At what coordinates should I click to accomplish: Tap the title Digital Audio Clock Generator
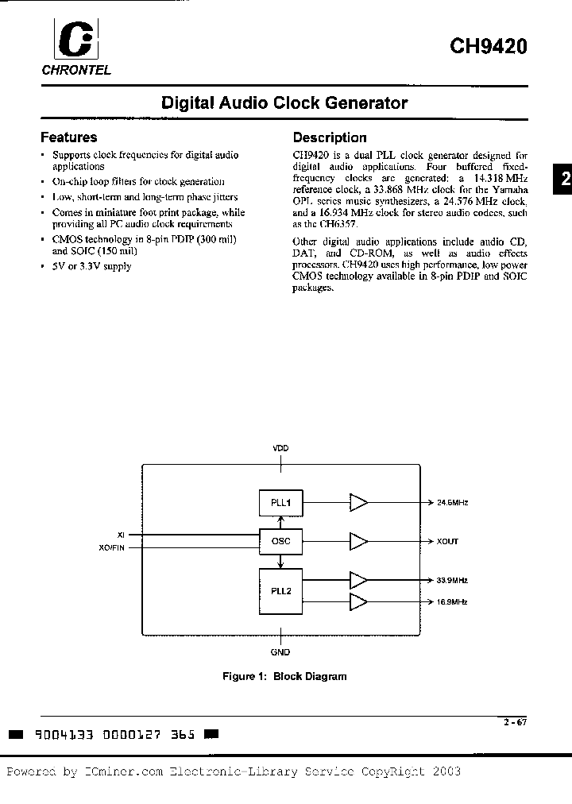point(284,103)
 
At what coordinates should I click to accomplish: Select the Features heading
point(69,137)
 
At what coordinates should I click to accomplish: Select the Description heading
point(330,137)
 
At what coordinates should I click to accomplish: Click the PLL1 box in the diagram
point(280,502)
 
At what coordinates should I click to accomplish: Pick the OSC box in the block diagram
point(280,542)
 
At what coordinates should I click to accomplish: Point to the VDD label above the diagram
point(281,449)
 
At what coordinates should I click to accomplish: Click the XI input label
point(121,535)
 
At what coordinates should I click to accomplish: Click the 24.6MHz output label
point(452,503)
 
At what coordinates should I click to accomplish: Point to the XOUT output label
point(447,542)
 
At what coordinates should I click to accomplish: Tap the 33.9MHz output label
point(452,580)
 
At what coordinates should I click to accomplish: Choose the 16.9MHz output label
point(452,601)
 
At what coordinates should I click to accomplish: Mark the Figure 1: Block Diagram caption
point(284,677)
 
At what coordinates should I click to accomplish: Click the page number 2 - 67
point(514,722)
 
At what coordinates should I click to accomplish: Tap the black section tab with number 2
point(562,180)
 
